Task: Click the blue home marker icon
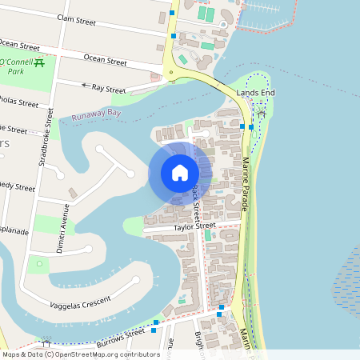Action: tap(180, 173)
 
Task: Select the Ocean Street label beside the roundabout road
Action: tap(105, 60)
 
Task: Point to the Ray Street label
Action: tap(110, 89)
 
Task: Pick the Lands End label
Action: tap(255, 94)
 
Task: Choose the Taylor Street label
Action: tap(196, 228)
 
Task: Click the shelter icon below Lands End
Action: tap(261, 114)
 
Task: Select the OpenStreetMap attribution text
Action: tap(80, 354)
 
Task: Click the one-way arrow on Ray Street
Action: tap(85, 84)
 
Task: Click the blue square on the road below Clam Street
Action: tap(174, 37)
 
